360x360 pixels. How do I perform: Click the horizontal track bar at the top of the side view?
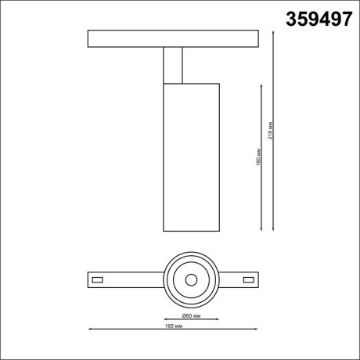(x=173, y=39)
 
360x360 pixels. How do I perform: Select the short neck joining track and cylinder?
(x=174, y=65)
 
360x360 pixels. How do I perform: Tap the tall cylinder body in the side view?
(x=191, y=157)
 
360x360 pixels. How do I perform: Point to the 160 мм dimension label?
(x=258, y=157)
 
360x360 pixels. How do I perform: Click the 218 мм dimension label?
(x=270, y=131)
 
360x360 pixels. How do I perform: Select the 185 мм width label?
(x=174, y=326)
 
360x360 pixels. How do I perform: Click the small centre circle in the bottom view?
(x=190, y=279)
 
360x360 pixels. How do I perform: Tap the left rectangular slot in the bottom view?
(x=98, y=279)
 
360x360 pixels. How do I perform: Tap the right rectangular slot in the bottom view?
(x=249, y=279)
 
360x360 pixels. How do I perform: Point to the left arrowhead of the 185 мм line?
(x=89, y=329)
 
